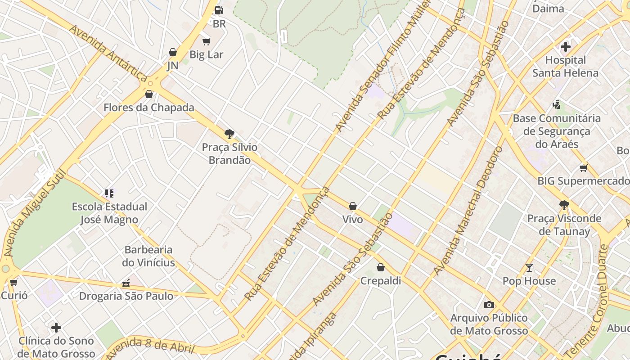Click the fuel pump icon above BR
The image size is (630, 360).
pyautogui.click(x=219, y=10)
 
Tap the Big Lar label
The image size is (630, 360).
pyautogui.click(x=206, y=54)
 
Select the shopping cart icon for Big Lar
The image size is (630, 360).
pyautogui.click(x=206, y=42)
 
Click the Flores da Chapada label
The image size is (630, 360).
pyautogui.click(x=149, y=108)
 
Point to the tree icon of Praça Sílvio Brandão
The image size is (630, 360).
pyautogui.click(x=229, y=134)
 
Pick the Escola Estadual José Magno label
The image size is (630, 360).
pyautogui.click(x=109, y=213)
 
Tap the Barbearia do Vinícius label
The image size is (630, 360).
pyautogui.click(x=148, y=256)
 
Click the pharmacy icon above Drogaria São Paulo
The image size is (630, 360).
pyautogui.click(x=126, y=283)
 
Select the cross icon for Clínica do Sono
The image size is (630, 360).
pyautogui.click(x=56, y=327)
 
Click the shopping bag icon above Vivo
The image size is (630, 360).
pyautogui.click(x=353, y=206)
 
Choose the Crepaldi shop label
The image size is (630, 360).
pyautogui.click(x=381, y=281)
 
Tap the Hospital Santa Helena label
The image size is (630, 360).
pyautogui.click(x=565, y=67)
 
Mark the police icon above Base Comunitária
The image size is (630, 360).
pyautogui.click(x=557, y=105)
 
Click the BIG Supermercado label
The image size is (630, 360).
pyautogui.click(x=584, y=181)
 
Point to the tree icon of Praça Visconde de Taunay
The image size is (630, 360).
pyautogui.click(x=564, y=205)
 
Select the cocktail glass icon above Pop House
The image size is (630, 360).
pyautogui.click(x=529, y=268)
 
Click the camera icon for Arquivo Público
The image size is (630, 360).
pyautogui.click(x=489, y=305)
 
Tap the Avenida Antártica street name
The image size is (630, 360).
pyautogui.click(x=108, y=53)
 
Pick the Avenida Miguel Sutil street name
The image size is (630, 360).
pyautogui.click(x=34, y=213)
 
